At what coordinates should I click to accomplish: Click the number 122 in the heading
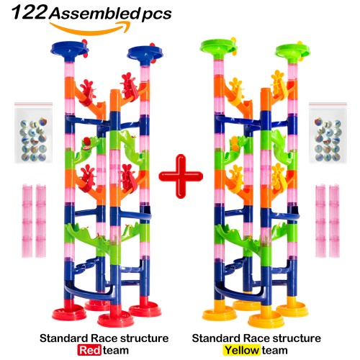coord(29,13)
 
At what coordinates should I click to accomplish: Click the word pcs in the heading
coord(156,14)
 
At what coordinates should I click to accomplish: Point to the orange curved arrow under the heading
coord(90,29)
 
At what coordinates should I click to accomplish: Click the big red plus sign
coord(181,176)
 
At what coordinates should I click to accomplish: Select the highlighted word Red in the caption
coord(89,350)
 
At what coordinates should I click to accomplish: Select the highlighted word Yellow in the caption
coord(242,350)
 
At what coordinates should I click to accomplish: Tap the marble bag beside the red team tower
coord(33,132)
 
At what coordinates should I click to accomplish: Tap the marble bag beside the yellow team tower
coord(328,132)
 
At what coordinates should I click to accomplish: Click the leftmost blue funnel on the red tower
coord(70,50)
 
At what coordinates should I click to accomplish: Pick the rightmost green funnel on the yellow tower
coord(292,51)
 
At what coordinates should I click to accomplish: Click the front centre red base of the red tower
coord(115,317)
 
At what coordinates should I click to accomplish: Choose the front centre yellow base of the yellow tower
coord(266,318)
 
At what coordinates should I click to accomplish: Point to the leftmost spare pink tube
coord(27,221)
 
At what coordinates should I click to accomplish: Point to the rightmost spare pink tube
coord(334,221)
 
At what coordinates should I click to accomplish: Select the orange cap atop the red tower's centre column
coord(115,100)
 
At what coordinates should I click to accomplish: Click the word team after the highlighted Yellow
coord(275,351)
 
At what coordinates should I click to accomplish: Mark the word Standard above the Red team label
coord(63,338)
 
